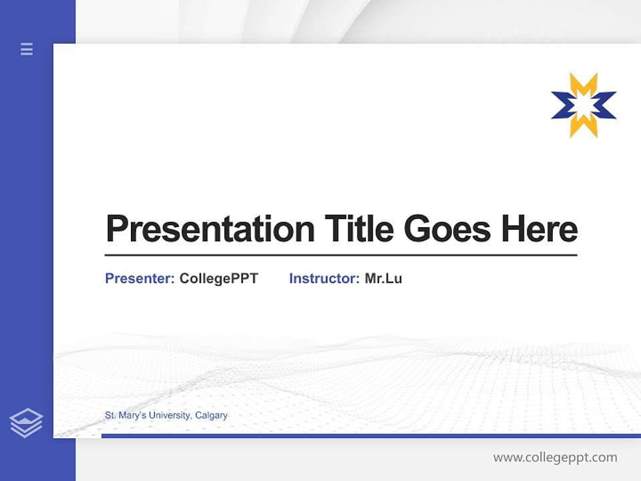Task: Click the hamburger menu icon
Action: pos(27,49)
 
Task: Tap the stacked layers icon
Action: pos(26,423)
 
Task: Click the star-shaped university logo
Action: pos(584,106)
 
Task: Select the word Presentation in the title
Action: pos(210,229)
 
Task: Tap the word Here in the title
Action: pos(539,228)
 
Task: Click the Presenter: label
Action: pos(140,279)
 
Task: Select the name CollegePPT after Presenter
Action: pos(218,279)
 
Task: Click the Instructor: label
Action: pos(324,279)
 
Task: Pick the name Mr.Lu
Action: pos(383,279)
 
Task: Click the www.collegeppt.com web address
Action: pos(555,458)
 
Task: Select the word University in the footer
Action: pos(169,416)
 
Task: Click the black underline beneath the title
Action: pos(341,255)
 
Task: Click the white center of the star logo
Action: pos(584,106)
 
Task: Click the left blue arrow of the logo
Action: pos(562,106)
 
